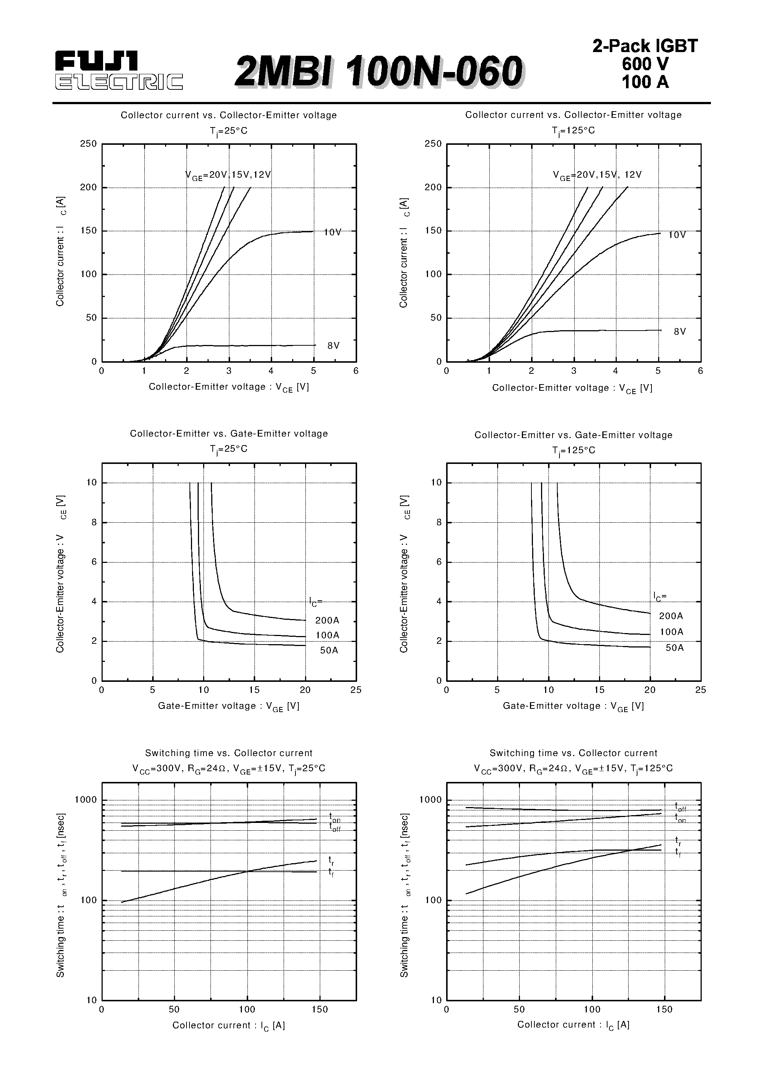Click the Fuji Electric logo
coord(119,71)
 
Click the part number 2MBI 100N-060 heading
coord(379,72)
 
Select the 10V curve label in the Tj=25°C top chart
coord(333,232)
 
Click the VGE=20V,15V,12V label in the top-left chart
coord(228,175)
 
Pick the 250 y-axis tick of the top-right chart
coord(433,144)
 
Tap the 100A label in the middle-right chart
coord(671,632)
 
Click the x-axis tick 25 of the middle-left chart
coord(356,690)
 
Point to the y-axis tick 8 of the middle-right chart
coord(439,522)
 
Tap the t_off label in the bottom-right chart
coord(680,807)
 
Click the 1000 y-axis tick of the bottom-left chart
coord(86,800)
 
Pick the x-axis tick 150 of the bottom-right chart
coord(664,1009)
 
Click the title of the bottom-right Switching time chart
coord(573,753)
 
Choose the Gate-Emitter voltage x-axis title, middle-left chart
coord(229,706)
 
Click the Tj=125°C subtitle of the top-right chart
coord(573,130)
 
